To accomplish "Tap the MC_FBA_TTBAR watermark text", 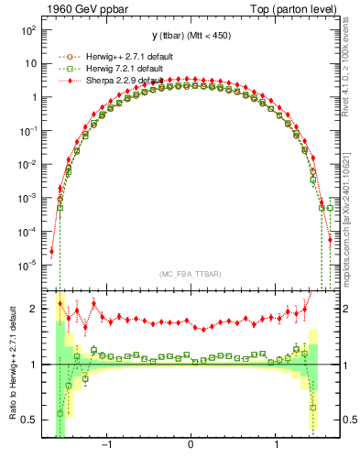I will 190,274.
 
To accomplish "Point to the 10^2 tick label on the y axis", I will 29,30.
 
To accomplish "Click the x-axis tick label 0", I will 191,444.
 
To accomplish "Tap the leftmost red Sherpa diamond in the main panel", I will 52,251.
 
